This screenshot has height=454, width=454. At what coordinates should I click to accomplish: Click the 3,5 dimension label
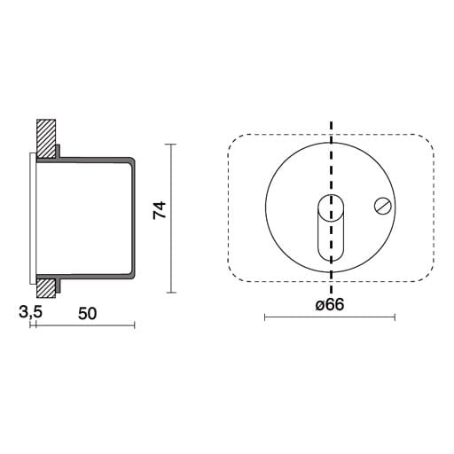tap(30, 312)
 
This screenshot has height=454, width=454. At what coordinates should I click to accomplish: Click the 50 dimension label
tap(88, 314)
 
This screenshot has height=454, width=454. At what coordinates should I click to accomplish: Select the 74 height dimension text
tap(160, 210)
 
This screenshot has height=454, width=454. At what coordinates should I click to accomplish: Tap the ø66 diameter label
tap(330, 304)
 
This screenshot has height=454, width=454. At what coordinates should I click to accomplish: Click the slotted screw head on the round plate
tap(383, 206)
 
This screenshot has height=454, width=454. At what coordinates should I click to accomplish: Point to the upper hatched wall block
tap(46, 138)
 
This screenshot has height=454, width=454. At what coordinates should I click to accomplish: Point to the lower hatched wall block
tap(46, 288)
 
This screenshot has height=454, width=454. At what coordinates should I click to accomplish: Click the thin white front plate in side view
tap(33, 218)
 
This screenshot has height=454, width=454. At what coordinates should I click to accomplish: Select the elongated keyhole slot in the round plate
tap(331, 228)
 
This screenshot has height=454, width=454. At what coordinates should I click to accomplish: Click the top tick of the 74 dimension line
tap(171, 145)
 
